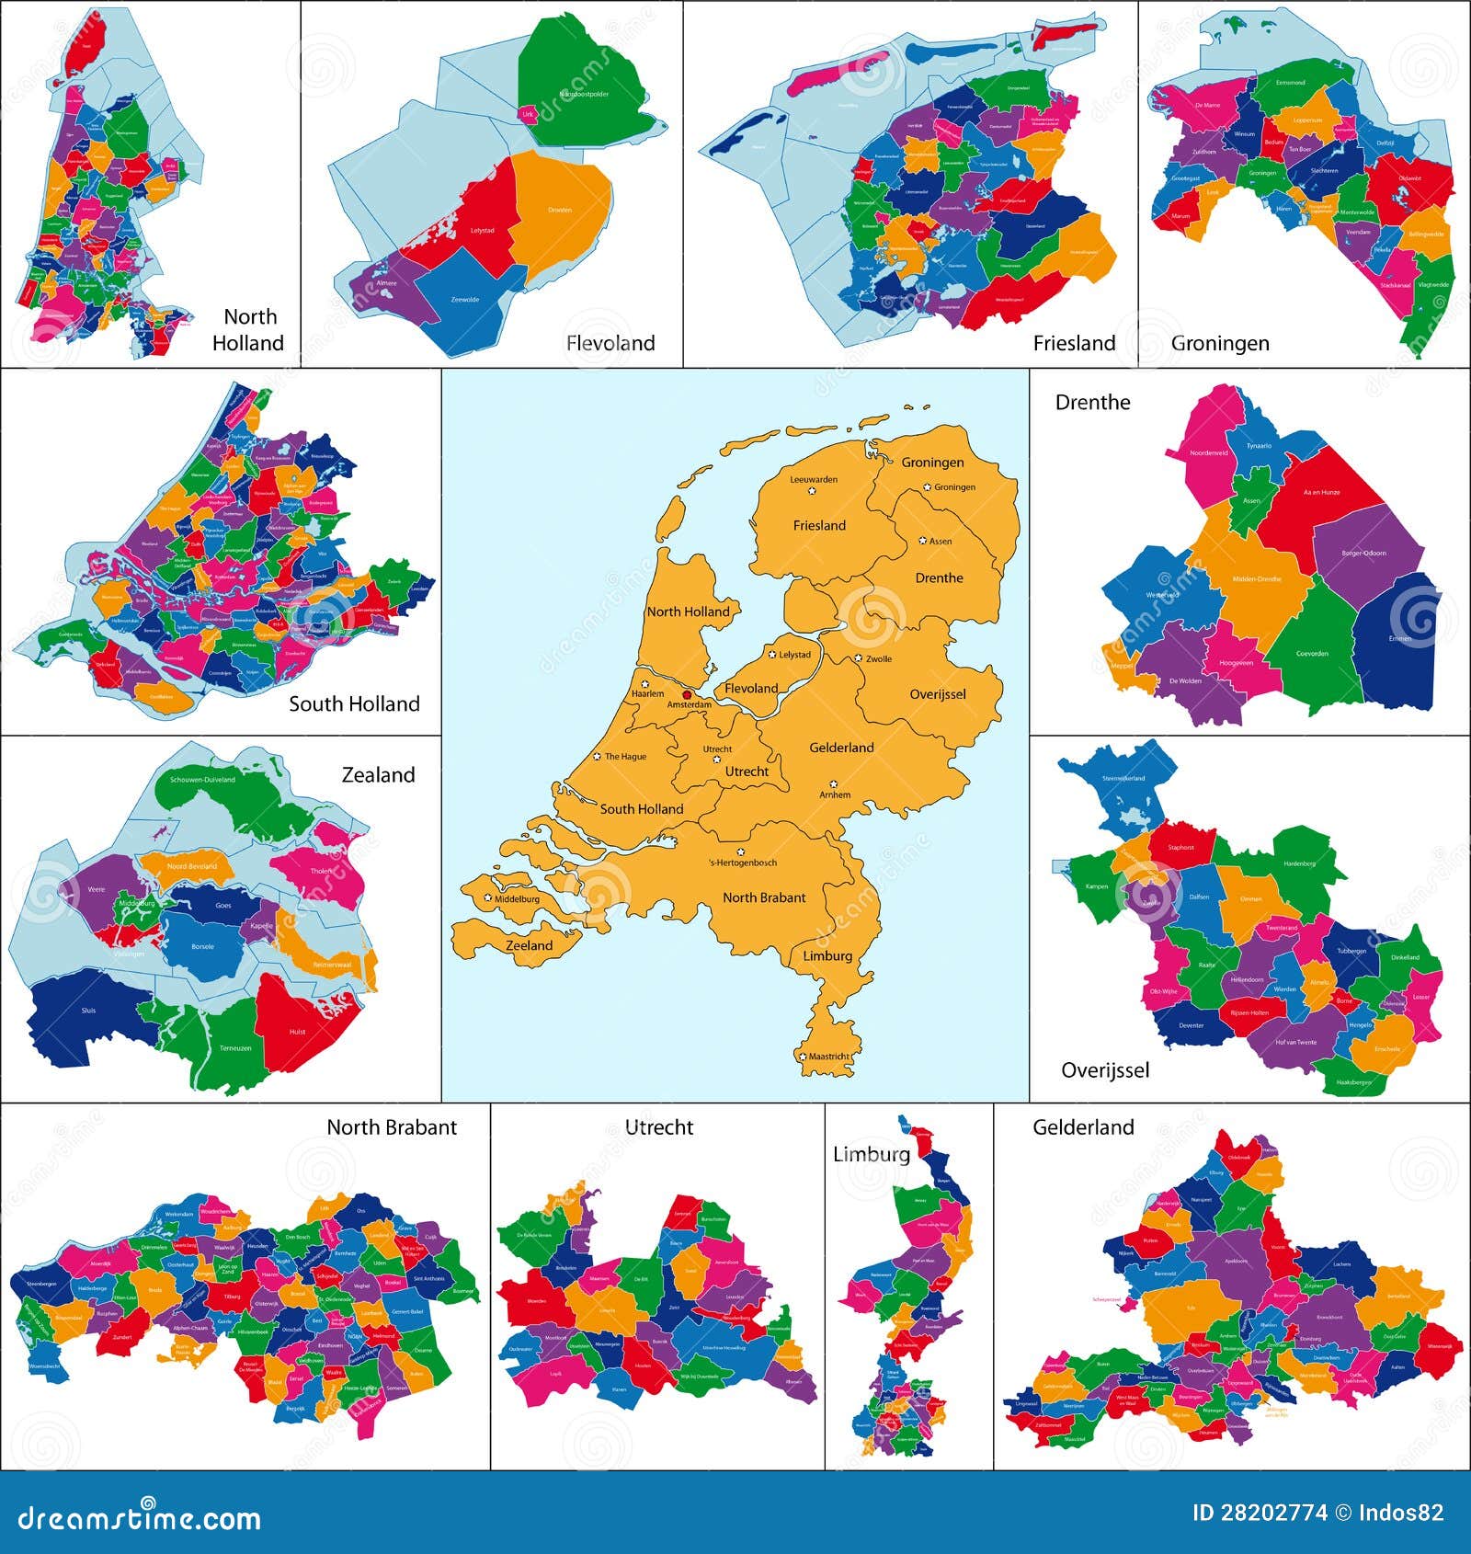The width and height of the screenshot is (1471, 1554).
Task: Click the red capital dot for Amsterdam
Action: (x=687, y=695)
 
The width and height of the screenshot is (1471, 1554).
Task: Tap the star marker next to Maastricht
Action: (x=803, y=1057)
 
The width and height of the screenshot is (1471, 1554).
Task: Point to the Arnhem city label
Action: (x=835, y=794)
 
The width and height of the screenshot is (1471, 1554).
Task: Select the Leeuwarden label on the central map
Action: (x=814, y=479)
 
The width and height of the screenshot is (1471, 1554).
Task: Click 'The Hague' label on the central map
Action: (x=625, y=757)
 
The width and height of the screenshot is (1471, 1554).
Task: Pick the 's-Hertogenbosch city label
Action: (x=743, y=863)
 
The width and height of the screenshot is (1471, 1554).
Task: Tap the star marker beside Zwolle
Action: (x=858, y=658)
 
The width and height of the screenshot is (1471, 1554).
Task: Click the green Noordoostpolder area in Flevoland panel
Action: (x=579, y=83)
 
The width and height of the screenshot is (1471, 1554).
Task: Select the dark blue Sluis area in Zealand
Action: (x=87, y=1011)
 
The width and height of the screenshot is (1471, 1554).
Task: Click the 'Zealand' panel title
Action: (x=378, y=775)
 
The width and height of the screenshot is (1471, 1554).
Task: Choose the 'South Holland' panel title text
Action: (x=354, y=703)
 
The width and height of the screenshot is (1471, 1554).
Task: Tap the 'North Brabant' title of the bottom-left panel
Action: (x=392, y=1127)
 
